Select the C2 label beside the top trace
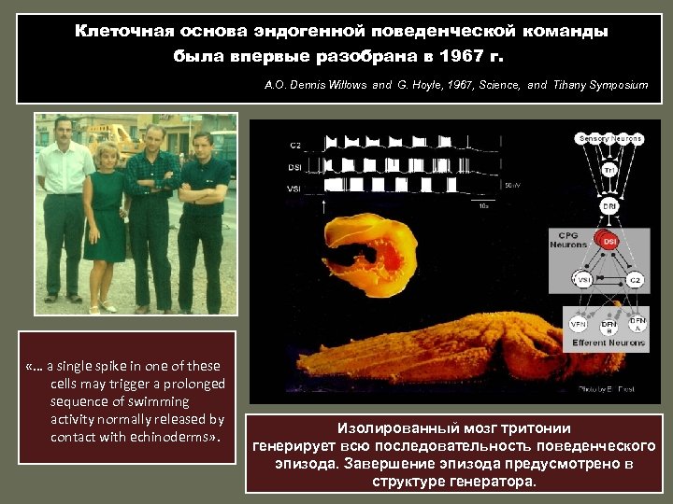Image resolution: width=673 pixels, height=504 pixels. tap(295, 146)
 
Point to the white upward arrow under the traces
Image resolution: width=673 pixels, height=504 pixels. tap(326, 203)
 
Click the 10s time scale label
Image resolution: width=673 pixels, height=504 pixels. tap(483, 205)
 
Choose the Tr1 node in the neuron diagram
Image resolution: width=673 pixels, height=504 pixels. tap(609, 170)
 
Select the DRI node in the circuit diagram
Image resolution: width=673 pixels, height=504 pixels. tap(609, 205)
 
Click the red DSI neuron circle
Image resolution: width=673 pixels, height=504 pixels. tap(609, 242)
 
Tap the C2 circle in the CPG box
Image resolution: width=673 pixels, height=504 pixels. tap(636, 279)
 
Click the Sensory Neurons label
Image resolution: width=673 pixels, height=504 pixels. tap(610, 138)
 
